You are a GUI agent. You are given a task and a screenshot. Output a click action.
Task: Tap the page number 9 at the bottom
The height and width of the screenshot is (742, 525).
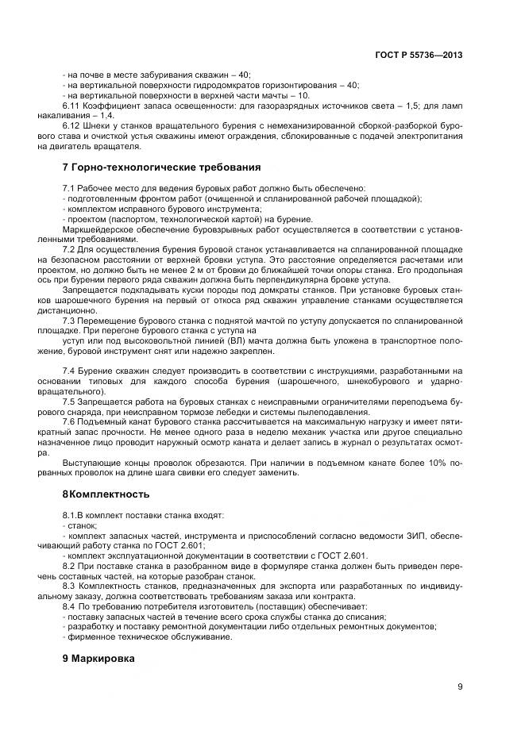click(x=460, y=687)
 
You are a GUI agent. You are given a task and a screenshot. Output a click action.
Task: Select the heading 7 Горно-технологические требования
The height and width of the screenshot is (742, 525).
click(x=161, y=167)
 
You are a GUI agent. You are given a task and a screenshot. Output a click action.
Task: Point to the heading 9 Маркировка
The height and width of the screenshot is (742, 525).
click(x=98, y=659)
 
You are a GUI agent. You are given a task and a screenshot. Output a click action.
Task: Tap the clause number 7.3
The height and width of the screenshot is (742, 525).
click(x=70, y=321)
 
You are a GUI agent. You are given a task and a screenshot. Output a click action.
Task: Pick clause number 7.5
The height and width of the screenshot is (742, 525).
click(x=70, y=402)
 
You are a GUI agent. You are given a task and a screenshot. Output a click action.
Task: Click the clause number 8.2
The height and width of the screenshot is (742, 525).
click(x=70, y=565)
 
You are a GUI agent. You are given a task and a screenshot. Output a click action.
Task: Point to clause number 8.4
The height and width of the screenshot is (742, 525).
click(x=70, y=606)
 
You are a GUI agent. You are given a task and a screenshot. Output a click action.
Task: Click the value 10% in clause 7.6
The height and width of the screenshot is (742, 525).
click(x=442, y=463)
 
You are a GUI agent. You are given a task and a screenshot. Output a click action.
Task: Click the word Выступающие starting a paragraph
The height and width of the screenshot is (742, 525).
click(x=90, y=463)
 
